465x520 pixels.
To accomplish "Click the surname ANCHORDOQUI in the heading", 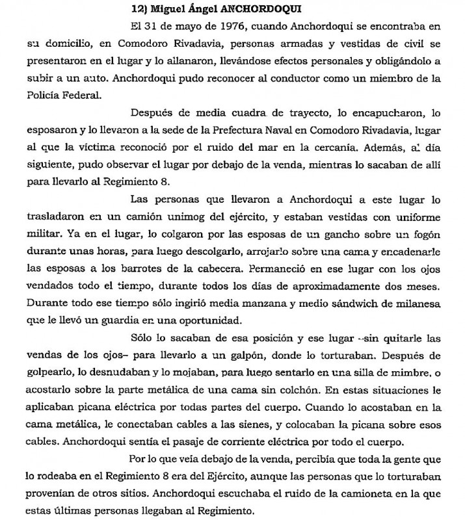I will [x=206, y=10].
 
